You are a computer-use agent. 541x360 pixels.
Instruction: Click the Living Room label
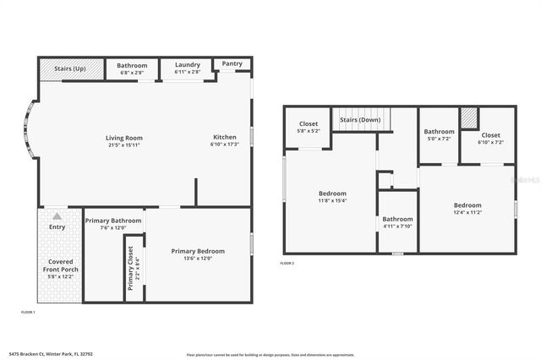tap(123, 138)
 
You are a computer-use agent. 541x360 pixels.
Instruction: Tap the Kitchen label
tap(224, 137)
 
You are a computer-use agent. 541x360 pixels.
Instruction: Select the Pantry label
tap(232, 63)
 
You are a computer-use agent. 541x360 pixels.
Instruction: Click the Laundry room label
tap(187, 65)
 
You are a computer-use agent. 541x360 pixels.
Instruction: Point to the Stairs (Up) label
tap(69, 68)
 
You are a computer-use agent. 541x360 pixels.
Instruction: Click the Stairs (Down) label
tap(360, 120)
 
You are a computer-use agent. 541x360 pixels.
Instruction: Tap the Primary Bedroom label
tap(198, 251)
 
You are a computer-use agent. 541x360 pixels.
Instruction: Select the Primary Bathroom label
tap(113, 221)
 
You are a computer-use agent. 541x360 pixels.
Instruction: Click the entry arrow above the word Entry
tap(57, 216)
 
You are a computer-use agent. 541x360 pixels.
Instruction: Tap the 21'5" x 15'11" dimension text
tap(123, 145)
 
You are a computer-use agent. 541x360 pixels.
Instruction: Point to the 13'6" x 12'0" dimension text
tap(198, 259)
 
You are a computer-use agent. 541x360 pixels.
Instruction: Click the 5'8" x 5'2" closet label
tap(309, 131)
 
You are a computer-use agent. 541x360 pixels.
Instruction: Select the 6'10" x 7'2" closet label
tap(491, 142)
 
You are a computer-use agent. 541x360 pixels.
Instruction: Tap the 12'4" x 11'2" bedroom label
tap(467, 213)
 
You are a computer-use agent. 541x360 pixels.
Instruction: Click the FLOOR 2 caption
tap(287, 264)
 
